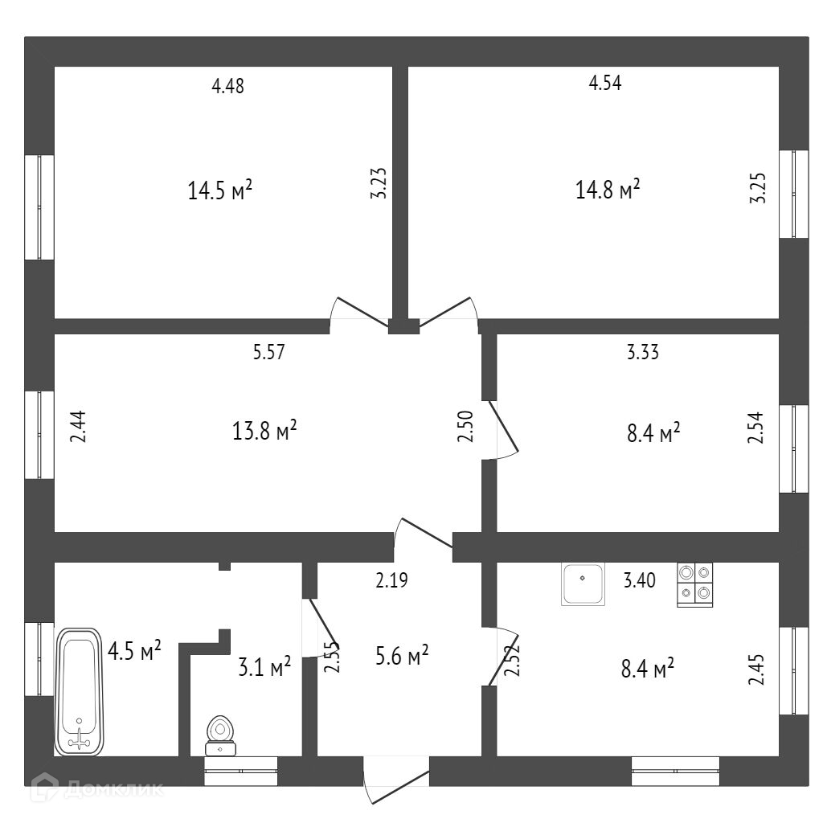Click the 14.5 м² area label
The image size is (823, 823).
tap(220, 190)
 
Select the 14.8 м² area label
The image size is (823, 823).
tap(608, 190)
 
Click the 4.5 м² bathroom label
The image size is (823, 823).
tap(134, 649)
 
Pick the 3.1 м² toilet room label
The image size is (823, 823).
tap(264, 666)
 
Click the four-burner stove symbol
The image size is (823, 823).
tap(695, 583)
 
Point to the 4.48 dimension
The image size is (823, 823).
tap(227, 86)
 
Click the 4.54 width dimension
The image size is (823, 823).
tap(605, 82)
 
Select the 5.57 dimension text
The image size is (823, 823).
tap(269, 351)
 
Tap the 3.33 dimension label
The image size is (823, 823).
tap(643, 351)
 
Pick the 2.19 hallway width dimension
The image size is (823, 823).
tap(392, 579)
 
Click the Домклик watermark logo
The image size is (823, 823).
tap(96, 788)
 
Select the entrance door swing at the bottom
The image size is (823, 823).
tap(397, 784)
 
